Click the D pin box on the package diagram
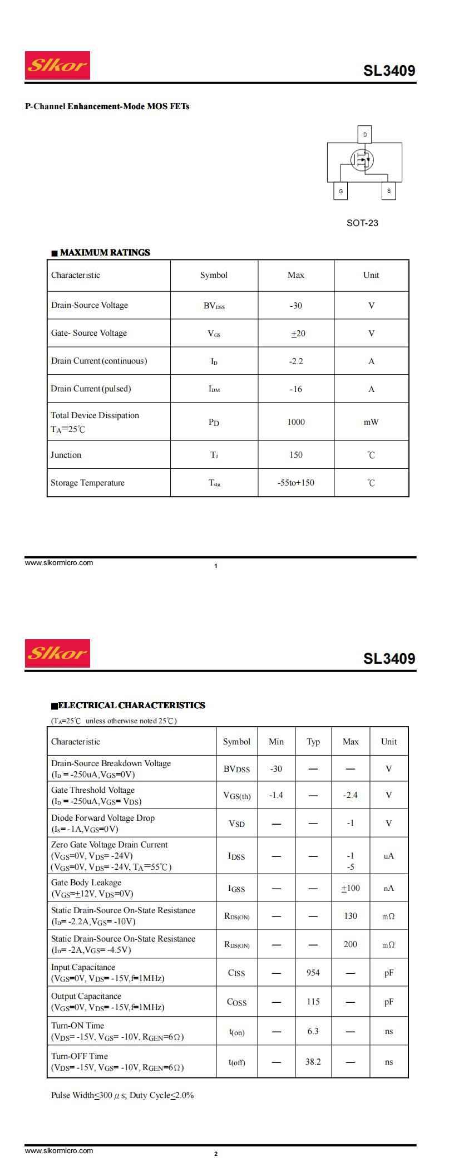tap(365, 134)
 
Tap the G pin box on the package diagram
tap(340, 191)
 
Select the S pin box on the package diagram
tap(388, 190)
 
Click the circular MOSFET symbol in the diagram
tap(362, 160)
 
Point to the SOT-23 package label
tap(362, 223)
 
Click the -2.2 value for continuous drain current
tap(296, 361)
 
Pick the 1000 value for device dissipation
tap(296, 422)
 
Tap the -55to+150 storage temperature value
tap(296, 482)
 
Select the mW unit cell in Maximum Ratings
tap(371, 422)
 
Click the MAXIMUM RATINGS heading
tap(105, 252)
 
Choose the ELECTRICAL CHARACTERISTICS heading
tap(131, 705)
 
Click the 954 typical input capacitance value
tap(313, 972)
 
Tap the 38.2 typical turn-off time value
tap(313, 1061)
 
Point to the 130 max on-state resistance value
tap(351, 915)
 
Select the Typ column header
tap(313, 741)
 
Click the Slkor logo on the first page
tap(57, 66)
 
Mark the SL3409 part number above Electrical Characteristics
tap(389, 658)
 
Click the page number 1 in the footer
tap(216, 566)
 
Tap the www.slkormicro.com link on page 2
tap(59, 1150)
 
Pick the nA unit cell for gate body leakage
tap(388, 888)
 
